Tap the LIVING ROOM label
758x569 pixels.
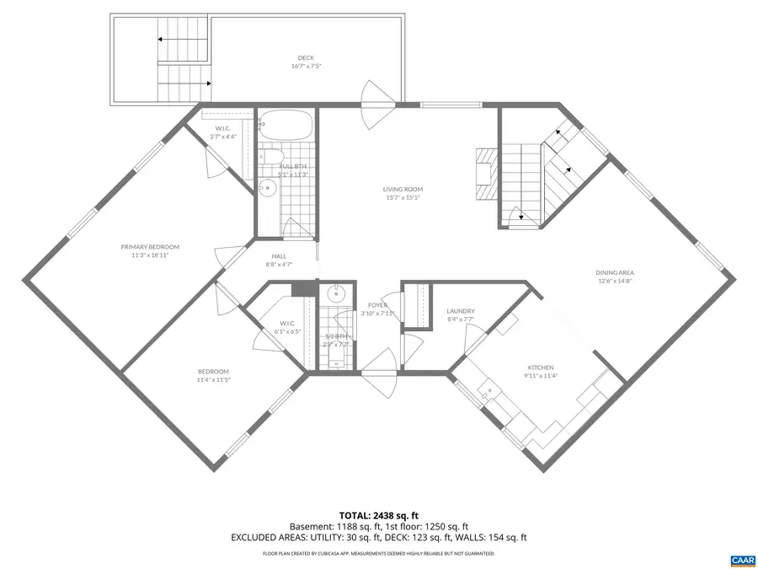[x=403, y=190]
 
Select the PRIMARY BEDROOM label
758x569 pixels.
[x=150, y=247]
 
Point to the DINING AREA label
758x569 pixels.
[x=615, y=272]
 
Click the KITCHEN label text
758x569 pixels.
[x=540, y=368]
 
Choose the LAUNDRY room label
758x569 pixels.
[x=461, y=311]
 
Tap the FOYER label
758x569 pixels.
[x=377, y=304]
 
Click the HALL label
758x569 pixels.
[x=279, y=256]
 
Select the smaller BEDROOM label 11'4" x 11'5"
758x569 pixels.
[x=213, y=371]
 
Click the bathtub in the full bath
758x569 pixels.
[x=285, y=126]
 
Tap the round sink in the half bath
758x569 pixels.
[x=336, y=293]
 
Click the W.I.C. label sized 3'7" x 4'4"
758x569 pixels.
[x=223, y=129]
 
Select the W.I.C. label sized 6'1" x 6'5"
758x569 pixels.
[x=286, y=324]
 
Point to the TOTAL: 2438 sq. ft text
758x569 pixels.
[x=378, y=514]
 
